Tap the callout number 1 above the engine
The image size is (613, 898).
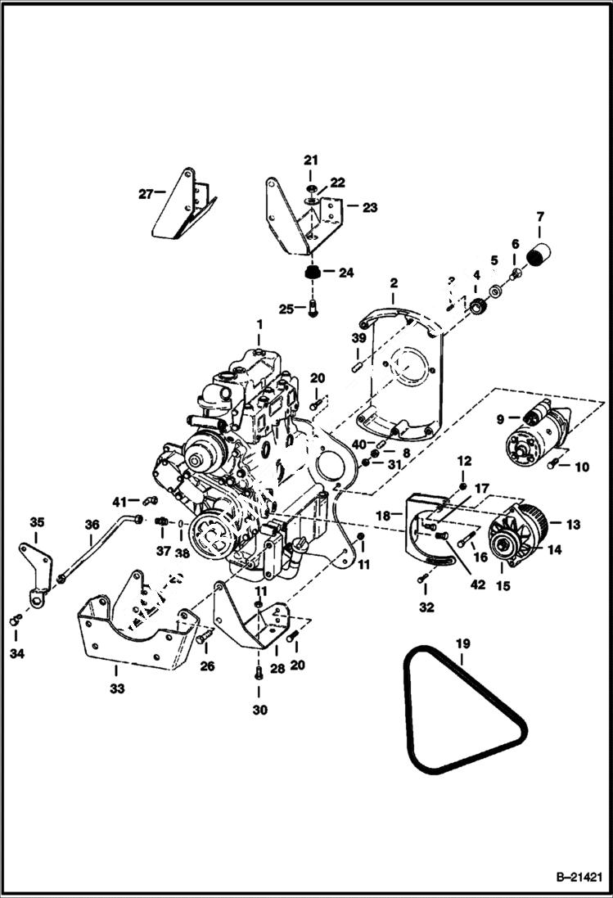(259, 326)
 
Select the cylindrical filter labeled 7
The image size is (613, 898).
(539, 255)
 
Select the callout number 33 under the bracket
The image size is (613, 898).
(117, 688)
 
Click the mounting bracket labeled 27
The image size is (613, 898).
(182, 205)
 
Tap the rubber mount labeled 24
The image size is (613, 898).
(311, 272)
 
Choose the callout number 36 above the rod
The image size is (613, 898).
(92, 525)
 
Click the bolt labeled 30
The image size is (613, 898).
(259, 673)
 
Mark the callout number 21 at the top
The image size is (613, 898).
(311, 159)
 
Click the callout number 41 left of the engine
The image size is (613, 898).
(120, 501)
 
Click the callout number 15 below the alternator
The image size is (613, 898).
(502, 586)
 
